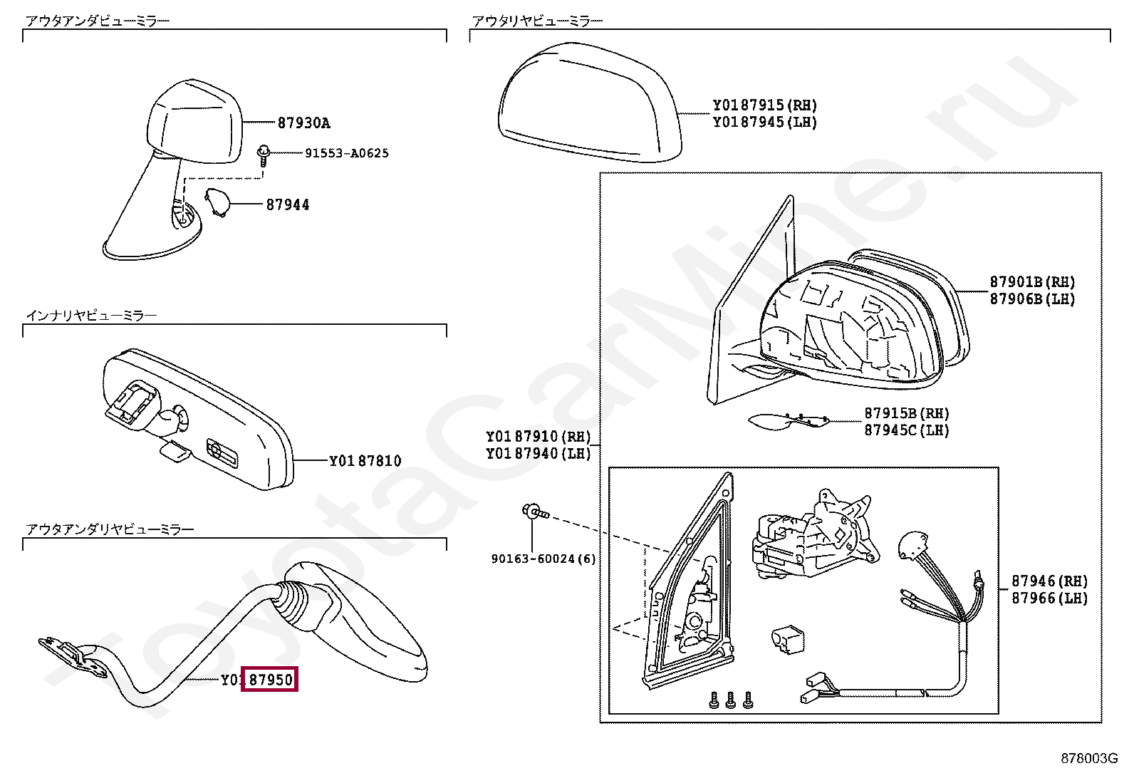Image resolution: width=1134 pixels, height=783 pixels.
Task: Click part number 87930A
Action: [303, 123]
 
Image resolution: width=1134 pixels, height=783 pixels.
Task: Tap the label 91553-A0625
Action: [346, 153]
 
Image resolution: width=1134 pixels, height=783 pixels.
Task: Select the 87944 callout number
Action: [288, 204]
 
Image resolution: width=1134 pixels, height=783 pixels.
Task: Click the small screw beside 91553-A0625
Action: [264, 155]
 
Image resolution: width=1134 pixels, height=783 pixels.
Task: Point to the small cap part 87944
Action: [217, 202]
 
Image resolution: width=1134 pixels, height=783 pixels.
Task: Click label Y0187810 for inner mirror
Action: [365, 461]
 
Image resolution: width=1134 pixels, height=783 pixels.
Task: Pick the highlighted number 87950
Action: [270, 680]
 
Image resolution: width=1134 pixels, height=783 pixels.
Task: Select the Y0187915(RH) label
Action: [764, 105]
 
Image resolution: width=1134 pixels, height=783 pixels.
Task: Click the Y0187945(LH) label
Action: [764, 123]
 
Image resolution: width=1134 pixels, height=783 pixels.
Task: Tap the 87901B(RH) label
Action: [1031, 282]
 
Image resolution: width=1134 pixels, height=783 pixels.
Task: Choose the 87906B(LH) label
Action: [1031, 299]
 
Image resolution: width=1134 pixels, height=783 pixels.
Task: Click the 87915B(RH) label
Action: [906, 413]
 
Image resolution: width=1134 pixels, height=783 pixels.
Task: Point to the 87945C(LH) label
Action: [906, 430]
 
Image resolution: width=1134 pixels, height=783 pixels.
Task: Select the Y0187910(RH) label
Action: [538, 437]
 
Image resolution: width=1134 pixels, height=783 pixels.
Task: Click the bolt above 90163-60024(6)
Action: [534, 512]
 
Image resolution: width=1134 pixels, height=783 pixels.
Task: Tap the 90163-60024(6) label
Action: [543, 559]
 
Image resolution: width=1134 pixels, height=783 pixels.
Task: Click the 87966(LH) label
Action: [1049, 598]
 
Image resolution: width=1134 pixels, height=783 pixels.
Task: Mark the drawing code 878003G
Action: [1088, 759]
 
